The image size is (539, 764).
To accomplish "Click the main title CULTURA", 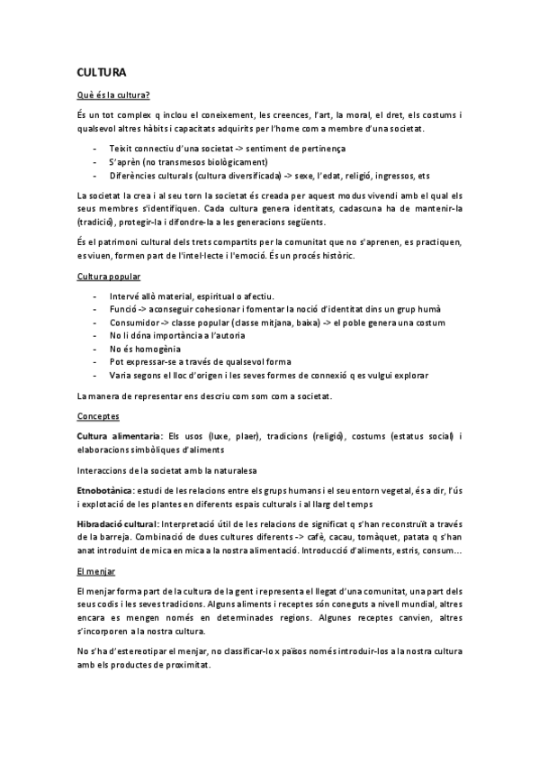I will (101, 71).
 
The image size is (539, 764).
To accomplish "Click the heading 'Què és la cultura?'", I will (112, 95).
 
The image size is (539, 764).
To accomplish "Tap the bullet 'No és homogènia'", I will (144, 348).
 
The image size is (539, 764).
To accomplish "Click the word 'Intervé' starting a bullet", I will (124, 296).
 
